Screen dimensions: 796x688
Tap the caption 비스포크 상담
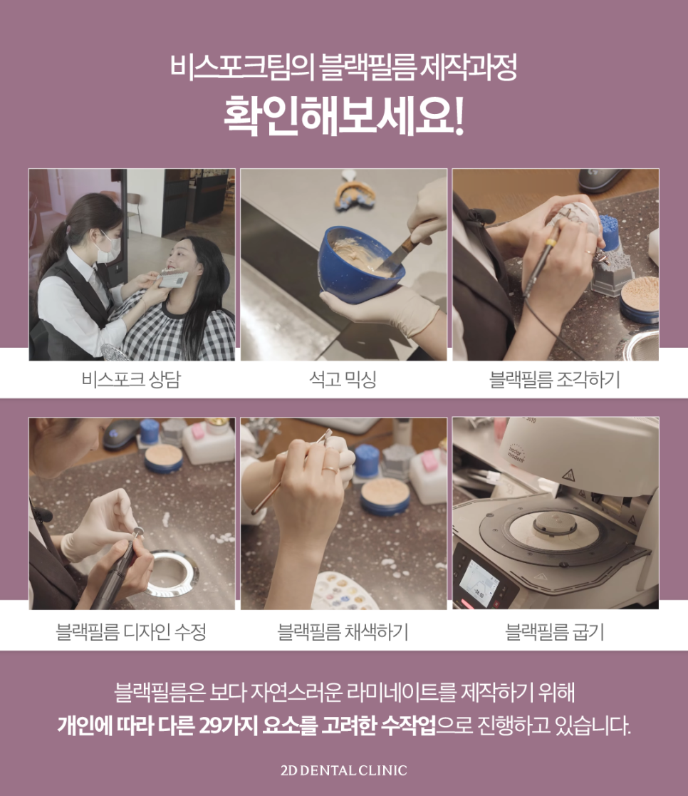131,380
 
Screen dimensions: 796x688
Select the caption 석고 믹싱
343,380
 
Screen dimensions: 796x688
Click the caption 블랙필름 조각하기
555,380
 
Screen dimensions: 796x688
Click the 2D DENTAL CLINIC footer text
343,770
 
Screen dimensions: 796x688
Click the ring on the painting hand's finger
332,470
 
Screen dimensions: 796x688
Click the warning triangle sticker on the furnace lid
569,475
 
